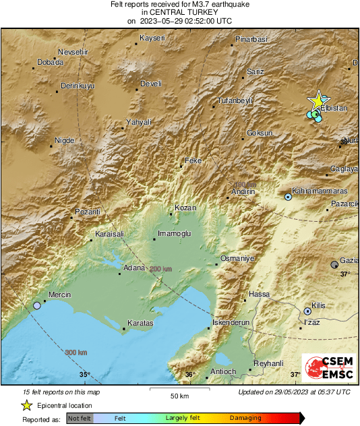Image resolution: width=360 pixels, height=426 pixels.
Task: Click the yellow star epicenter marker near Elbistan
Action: pyautogui.click(x=317, y=100)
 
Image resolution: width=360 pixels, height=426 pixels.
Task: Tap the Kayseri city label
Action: pyautogui.click(x=152, y=38)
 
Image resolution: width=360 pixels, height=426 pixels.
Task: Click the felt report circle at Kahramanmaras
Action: pyautogui.click(x=288, y=197)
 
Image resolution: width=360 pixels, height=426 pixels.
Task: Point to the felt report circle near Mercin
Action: pyautogui.click(x=37, y=306)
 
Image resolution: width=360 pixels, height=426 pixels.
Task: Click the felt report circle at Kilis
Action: pyautogui.click(x=307, y=311)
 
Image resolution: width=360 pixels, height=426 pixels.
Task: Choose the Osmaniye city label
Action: pyautogui.click(x=236, y=259)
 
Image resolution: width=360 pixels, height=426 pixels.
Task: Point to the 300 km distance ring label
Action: pyautogui.click(x=76, y=353)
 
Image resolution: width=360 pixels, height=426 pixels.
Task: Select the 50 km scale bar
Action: pyautogui.click(x=179, y=391)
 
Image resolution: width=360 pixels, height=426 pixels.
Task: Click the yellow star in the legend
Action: pyautogui.click(x=26, y=405)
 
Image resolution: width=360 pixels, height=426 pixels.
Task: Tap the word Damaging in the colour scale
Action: pyautogui.click(x=245, y=418)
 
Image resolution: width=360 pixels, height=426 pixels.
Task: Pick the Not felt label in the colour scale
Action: pyautogui.click(x=80, y=418)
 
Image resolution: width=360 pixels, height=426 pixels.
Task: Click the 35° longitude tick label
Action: pyautogui.click(x=84, y=375)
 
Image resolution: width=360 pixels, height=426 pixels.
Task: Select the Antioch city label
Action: pyautogui.click(x=223, y=371)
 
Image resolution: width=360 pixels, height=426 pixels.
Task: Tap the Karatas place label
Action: pyautogui.click(x=140, y=324)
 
